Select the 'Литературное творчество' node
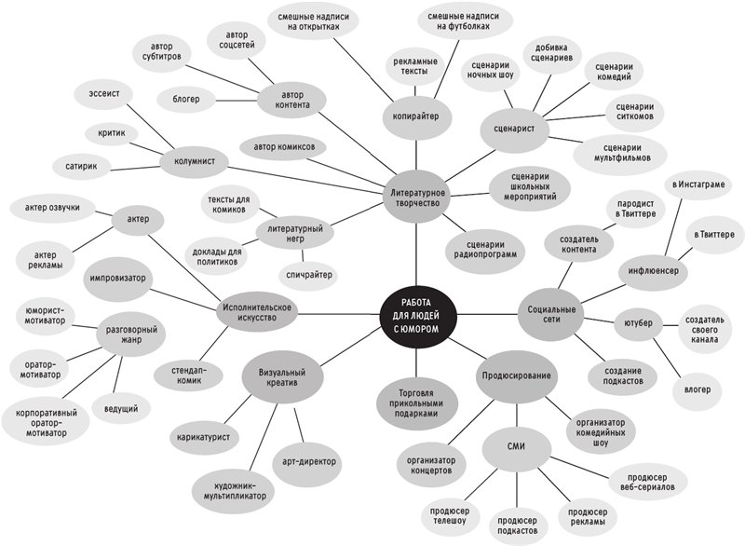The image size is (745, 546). pyautogui.click(x=416, y=197)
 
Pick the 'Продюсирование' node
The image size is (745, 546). pyautogui.click(x=515, y=376)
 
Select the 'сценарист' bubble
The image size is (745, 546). pyautogui.click(x=516, y=128)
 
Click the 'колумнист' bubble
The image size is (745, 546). pyautogui.click(x=195, y=161)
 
